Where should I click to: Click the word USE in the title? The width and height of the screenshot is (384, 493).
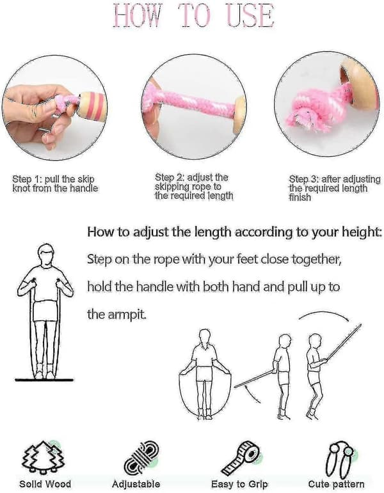click(x=250, y=16)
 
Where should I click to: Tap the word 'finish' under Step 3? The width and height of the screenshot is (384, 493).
click(x=300, y=198)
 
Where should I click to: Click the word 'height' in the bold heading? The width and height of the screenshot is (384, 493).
click(x=360, y=232)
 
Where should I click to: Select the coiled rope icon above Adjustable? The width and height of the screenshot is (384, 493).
click(x=141, y=458)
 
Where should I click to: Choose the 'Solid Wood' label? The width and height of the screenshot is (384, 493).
click(x=45, y=484)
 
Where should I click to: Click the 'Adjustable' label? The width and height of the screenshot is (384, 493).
click(x=136, y=484)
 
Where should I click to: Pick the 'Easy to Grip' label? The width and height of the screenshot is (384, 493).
click(x=239, y=484)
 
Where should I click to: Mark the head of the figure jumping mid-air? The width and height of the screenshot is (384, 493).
click(x=314, y=341)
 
